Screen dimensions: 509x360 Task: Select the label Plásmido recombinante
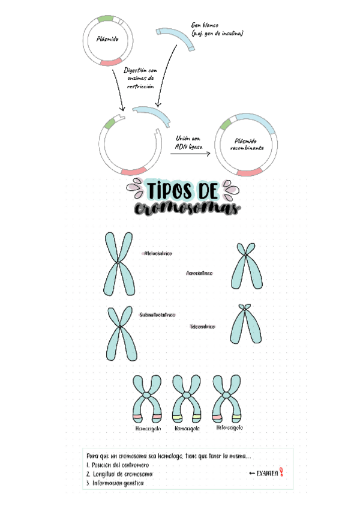[x=245, y=143]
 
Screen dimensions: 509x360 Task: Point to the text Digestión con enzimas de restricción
[x=140, y=78]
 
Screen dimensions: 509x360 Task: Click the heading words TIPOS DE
[x=181, y=191]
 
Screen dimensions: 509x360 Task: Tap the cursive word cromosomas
[x=187, y=209]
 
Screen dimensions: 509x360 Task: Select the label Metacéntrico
[x=158, y=254]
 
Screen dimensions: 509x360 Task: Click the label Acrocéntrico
[x=200, y=273]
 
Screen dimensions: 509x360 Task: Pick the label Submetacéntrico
[x=157, y=315]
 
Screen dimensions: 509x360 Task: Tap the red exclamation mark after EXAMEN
[x=281, y=473]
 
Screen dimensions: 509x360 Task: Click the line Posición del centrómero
[x=118, y=465]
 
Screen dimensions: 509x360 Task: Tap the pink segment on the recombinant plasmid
[x=250, y=173]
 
